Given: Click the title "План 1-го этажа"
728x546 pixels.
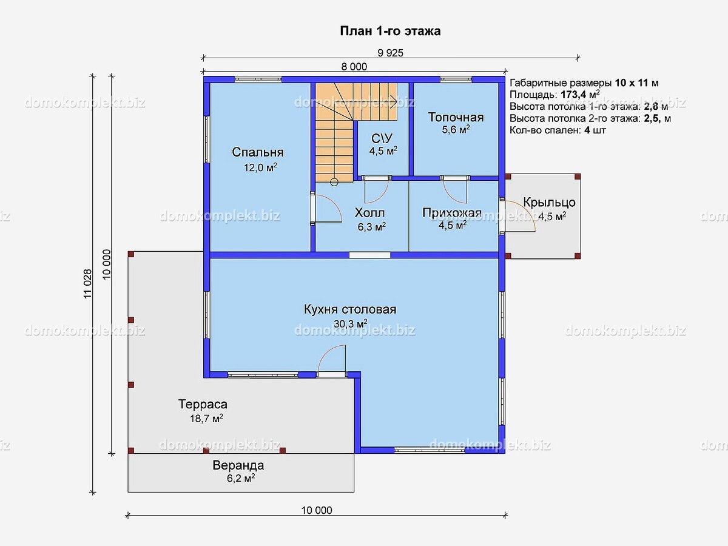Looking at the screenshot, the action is tap(390, 31).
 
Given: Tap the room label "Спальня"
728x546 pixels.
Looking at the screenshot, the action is tap(258, 152).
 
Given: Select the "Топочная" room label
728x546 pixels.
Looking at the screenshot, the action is tap(456, 117).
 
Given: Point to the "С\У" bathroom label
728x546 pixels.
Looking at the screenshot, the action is tap(382, 138).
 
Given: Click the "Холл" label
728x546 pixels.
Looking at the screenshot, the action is tap(370, 212).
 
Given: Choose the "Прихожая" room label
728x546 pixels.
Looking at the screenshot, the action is tap(452, 212).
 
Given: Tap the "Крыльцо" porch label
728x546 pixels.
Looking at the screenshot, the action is tap(549, 202).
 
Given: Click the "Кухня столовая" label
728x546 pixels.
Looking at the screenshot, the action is tap(350, 309).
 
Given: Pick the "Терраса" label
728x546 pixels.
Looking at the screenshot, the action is tap(203, 405).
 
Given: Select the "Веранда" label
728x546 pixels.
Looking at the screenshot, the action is tap(238, 465).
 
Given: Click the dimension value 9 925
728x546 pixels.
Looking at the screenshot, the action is tap(390, 53).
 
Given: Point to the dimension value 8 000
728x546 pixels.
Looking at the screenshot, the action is tap(354, 67).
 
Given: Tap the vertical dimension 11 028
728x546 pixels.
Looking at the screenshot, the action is tap(87, 284).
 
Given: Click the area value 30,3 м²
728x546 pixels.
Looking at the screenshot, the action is tap(350, 323).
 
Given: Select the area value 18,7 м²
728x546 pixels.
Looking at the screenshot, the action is tap(206, 419).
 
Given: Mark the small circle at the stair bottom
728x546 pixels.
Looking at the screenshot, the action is tap(334, 182).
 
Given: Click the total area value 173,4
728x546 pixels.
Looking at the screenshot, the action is tap(573, 95).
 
